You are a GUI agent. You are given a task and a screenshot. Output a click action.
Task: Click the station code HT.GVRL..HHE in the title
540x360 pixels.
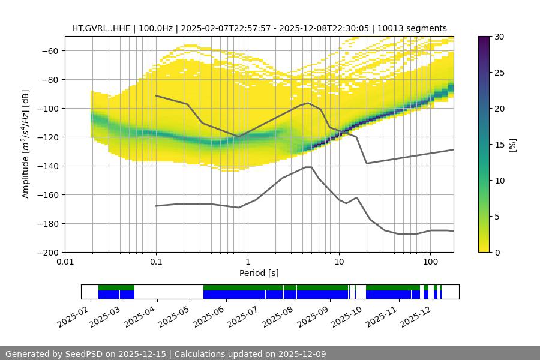pos(100,28)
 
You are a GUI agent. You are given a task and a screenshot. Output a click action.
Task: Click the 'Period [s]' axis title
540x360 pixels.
pos(259,273)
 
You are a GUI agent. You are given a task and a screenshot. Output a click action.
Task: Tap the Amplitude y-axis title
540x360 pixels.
pos(26,144)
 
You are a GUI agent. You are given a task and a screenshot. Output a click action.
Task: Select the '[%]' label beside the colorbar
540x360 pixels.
pos(512,144)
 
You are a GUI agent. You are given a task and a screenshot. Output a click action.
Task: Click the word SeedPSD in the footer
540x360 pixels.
pos(84,354)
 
